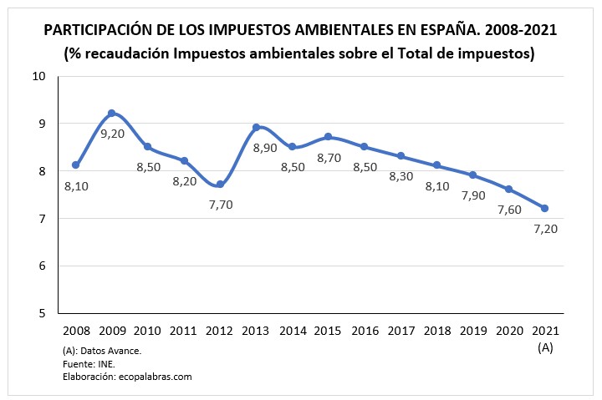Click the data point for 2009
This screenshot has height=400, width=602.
coord(111,113)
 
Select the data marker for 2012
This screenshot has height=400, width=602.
coord(220,185)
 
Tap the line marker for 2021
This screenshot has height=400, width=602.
coord(545,208)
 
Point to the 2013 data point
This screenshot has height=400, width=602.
coord(256,127)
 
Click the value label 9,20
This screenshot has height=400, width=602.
coord(113,133)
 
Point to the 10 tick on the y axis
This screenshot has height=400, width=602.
coord(38,76)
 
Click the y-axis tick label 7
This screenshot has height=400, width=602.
coord(42,219)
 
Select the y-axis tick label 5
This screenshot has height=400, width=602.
coord(42,314)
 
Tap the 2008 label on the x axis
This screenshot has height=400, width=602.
coord(75,332)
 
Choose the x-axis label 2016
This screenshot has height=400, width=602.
coord(365,332)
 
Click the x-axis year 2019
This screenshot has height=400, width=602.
coord(473,332)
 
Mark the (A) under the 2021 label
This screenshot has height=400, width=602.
coord(545,347)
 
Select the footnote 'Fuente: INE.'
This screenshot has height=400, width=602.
coord(89,363)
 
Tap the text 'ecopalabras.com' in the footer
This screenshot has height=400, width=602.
coord(154,377)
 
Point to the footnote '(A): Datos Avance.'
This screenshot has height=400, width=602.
coord(101,350)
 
